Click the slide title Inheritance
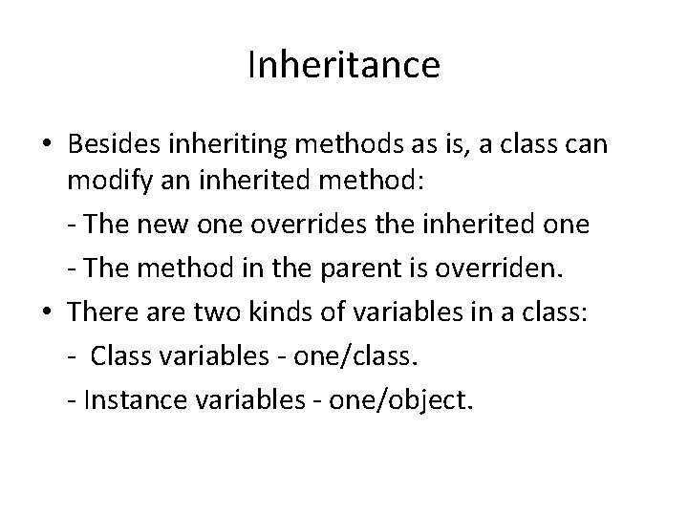click(x=343, y=65)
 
